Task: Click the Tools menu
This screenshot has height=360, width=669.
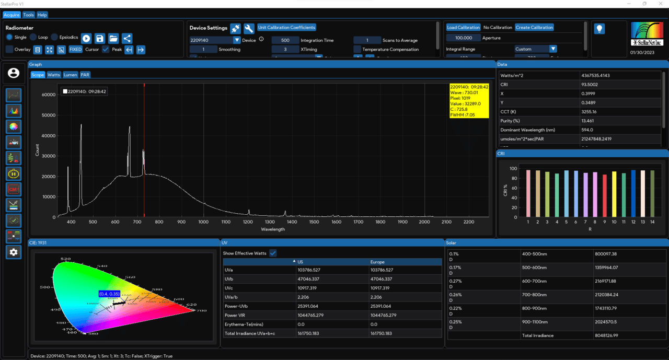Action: [x=28, y=15]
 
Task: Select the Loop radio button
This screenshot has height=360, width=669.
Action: [x=33, y=38]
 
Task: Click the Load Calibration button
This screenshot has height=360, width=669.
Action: [x=463, y=28]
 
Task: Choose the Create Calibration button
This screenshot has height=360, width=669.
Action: [x=534, y=28]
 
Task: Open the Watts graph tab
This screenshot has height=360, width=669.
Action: [x=54, y=75]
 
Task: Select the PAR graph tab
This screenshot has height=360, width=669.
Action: [x=85, y=75]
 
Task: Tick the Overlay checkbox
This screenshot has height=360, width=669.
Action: [x=9, y=50]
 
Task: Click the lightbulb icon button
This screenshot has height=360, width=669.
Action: [x=599, y=29]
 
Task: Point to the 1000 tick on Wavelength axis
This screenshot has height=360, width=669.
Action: [x=203, y=222]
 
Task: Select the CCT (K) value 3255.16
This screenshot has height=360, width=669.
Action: [x=590, y=111]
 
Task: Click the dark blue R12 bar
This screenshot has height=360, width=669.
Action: [x=633, y=193]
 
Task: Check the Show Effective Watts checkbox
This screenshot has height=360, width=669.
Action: [x=273, y=253]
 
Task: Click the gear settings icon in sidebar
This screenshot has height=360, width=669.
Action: [x=14, y=252]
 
